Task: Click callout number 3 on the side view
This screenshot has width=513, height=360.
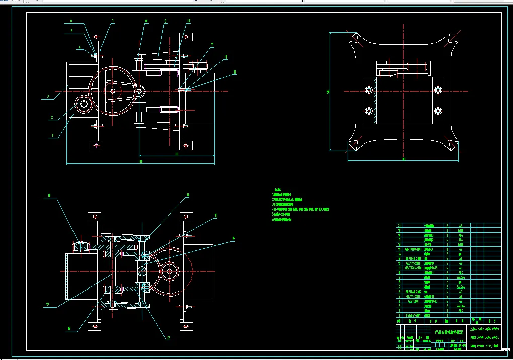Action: coord(48,96)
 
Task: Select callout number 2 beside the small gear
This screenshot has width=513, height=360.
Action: coord(51,118)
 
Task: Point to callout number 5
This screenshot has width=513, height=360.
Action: coord(71,30)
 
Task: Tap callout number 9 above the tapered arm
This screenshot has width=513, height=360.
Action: coord(165,21)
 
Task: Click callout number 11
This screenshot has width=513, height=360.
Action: coord(212,44)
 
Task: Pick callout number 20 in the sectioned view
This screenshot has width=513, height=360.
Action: coord(49,195)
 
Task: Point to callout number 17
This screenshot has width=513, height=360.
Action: coord(48,304)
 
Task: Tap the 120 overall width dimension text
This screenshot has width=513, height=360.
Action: coord(140,161)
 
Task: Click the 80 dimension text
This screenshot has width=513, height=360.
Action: coord(177,154)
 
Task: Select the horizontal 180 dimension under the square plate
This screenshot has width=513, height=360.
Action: coord(403,159)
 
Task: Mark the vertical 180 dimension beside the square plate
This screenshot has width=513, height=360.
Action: coord(328,92)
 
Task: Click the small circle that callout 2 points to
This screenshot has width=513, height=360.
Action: coord(83,104)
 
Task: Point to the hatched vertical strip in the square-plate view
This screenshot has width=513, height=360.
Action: coord(375,100)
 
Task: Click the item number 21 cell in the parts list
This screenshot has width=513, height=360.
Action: coord(399,226)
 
